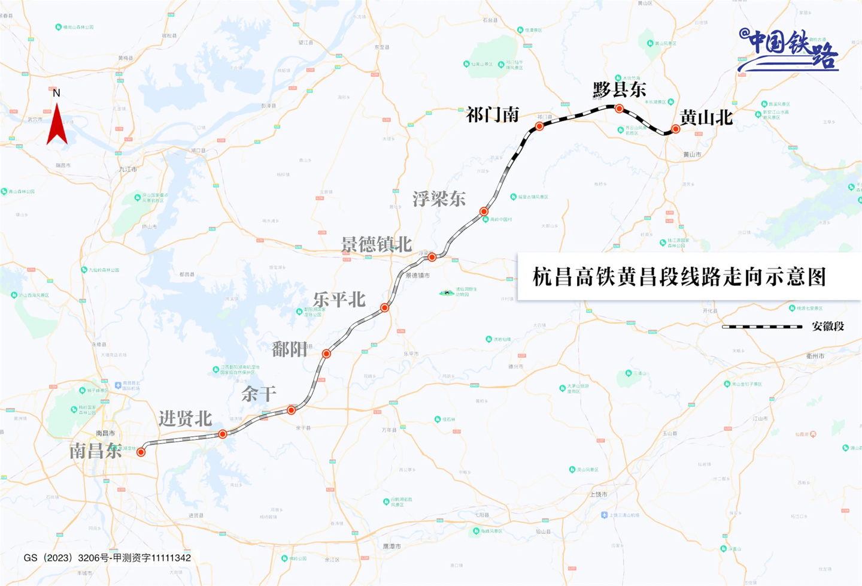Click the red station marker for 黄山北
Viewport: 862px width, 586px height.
point(675,129)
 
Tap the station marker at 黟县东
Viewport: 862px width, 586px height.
point(619,109)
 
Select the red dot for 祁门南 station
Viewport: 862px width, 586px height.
point(539,126)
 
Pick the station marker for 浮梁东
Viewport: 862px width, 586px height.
point(484,212)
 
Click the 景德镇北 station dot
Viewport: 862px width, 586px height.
point(432,257)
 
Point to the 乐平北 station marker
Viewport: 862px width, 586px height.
point(385,308)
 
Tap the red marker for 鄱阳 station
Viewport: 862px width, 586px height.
point(326,354)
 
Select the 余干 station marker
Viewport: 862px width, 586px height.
point(291,410)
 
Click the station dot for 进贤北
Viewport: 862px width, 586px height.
point(222,434)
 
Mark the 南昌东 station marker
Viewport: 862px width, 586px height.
point(141,452)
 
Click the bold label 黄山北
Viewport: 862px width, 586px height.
point(706,117)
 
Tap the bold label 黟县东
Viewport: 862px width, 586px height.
point(620,90)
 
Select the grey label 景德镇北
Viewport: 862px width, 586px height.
point(377,244)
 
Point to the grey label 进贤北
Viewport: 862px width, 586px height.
point(185,418)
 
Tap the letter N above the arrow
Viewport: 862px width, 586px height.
point(56,93)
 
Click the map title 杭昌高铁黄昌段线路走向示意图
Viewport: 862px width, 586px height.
point(679,277)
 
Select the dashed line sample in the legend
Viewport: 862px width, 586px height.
point(761,327)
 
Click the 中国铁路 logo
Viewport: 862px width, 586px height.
point(789,50)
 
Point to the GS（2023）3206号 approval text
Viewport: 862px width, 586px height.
point(107,558)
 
